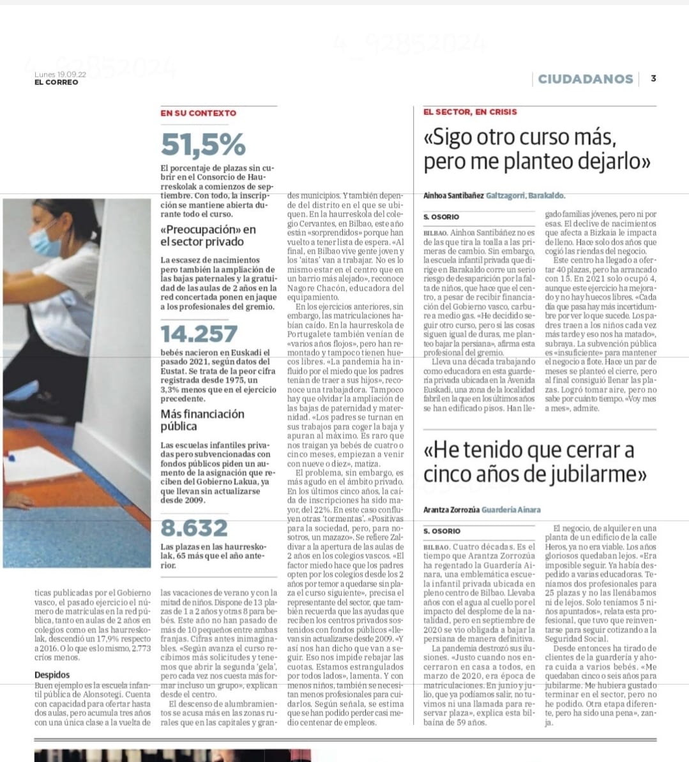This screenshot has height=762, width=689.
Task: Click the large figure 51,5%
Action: point(203,144)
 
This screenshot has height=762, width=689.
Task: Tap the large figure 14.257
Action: point(199,334)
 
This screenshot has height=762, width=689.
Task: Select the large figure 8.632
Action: point(194,528)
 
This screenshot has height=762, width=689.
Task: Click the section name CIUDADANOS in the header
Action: point(585,78)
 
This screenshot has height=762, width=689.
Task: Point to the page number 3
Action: point(653,78)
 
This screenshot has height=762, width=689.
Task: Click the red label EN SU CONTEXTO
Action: point(198,113)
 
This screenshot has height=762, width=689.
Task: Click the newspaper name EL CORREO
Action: point(56,82)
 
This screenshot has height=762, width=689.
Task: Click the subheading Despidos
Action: point(52,675)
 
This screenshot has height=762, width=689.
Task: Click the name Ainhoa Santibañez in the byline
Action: point(453,196)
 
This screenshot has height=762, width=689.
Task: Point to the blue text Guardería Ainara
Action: point(511,510)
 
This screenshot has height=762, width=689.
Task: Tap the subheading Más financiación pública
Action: point(202,420)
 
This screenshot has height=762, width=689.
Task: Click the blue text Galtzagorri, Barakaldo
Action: point(526,196)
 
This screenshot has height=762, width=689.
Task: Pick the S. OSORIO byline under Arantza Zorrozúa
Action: point(442,531)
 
